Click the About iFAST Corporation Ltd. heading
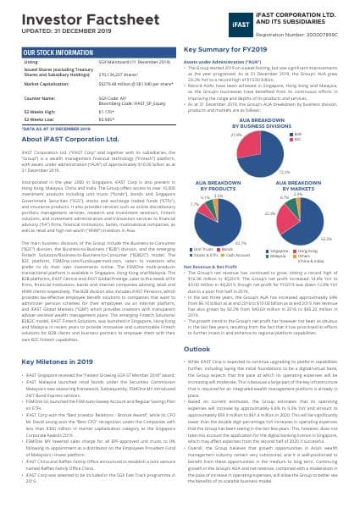[71, 137]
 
